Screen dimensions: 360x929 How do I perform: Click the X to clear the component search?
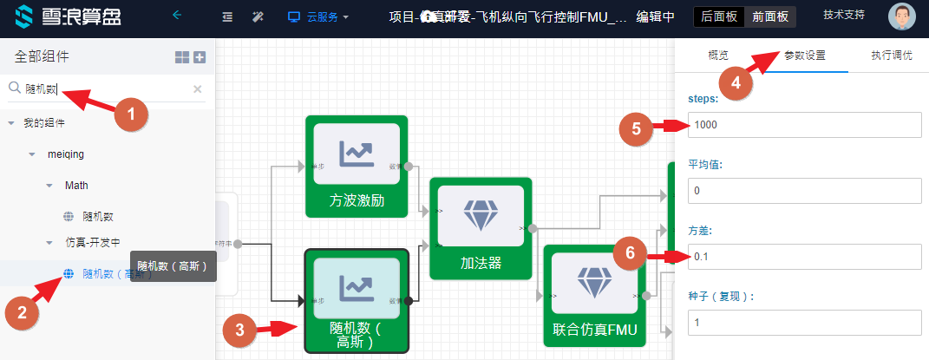pos(197,88)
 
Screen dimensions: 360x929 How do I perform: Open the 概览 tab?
pos(718,56)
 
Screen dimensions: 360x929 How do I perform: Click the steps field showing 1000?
pos(804,125)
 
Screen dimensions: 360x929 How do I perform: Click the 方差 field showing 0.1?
pos(804,256)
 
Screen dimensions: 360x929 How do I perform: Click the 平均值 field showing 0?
pos(804,190)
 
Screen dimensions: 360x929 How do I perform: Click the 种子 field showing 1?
pos(804,323)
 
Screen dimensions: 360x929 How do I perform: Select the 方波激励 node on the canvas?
pos(357,166)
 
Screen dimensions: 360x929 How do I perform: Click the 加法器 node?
pos(480,228)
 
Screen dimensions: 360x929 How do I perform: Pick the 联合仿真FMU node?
pos(594,295)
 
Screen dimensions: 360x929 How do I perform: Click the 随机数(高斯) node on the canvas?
pos(357,300)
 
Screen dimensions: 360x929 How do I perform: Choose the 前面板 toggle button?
pos(770,16)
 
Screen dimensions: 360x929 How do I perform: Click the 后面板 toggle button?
pos(718,16)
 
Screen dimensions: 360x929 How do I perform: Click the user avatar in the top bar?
pos(902,16)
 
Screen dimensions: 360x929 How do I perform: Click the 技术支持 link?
pos(845,15)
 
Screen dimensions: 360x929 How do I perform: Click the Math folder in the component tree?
pos(76,185)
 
